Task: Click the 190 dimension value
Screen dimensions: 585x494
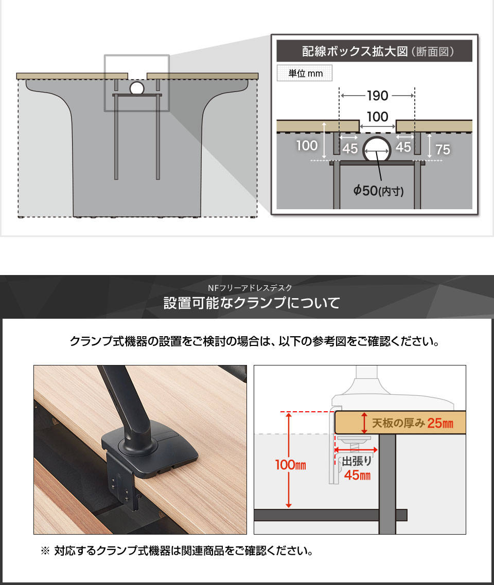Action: (x=377, y=96)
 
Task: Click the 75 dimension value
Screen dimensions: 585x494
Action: (x=443, y=149)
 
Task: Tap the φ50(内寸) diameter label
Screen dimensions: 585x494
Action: (x=378, y=191)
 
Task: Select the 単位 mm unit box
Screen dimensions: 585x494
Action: (x=305, y=74)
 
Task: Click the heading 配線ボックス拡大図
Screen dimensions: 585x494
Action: (x=355, y=52)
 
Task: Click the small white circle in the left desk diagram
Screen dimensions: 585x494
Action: (x=136, y=88)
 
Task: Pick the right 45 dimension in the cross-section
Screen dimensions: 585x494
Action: (x=404, y=148)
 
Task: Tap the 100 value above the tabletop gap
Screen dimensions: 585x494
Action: (x=378, y=117)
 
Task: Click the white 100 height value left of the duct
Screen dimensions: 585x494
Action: (x=307, y=145)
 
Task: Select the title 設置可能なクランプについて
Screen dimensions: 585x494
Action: (x=252, y=303)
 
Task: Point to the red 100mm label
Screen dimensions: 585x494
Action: (x=291, y=466)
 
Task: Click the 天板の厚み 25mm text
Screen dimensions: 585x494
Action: (x=412, y=424)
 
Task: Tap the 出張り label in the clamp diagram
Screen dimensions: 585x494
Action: (x=357, y=462)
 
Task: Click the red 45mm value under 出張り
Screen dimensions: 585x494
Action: (x=357, y=475)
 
